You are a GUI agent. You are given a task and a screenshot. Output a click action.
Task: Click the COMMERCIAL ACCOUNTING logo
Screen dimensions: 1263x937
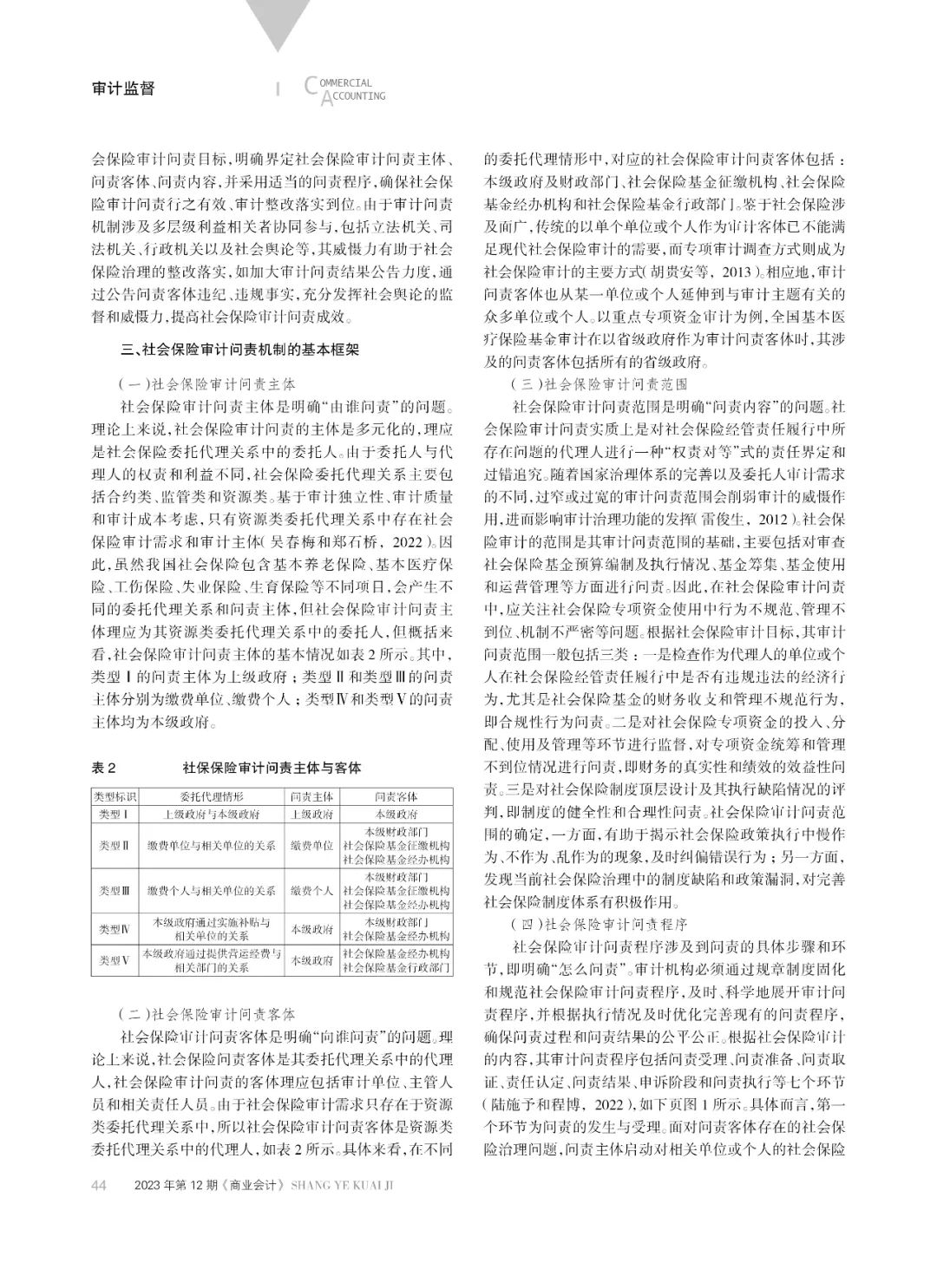[x=345, y=88]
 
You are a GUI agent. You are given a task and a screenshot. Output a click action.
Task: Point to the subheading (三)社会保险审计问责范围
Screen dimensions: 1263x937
[x=600, y=383]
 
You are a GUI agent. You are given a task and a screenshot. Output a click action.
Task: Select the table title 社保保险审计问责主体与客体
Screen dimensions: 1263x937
[x=272, y=768]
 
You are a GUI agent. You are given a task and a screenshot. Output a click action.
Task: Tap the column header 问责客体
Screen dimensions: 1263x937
[x=396, y=797]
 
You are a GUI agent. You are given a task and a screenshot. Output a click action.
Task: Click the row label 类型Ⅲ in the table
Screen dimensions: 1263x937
[x=115, y=890]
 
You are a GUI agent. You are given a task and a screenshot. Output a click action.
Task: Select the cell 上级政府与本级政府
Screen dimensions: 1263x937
[x=212, y=815]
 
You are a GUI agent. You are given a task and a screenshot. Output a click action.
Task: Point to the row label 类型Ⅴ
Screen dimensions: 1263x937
[x=115, y=960]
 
